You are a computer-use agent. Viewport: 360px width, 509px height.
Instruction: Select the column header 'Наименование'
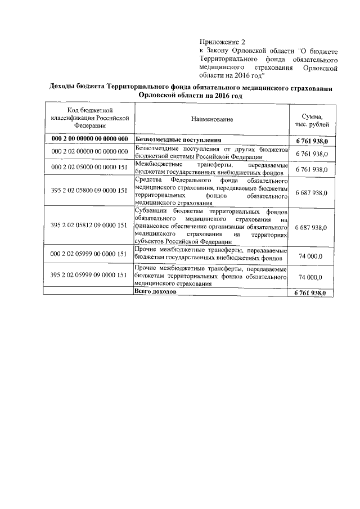click(x=211, y=119)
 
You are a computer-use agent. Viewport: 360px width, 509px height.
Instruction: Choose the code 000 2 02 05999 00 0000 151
click(x=90, y=254)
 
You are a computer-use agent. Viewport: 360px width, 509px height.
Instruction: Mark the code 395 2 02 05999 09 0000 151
click(x=90, y=276)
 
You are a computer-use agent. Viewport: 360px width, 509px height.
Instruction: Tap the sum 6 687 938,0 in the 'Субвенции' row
click(x=312, y=227)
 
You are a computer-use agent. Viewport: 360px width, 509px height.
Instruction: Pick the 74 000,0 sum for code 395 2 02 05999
click(x=312, y=277)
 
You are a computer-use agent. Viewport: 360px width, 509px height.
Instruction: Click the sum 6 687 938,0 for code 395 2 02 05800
click(x=312, y=192)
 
